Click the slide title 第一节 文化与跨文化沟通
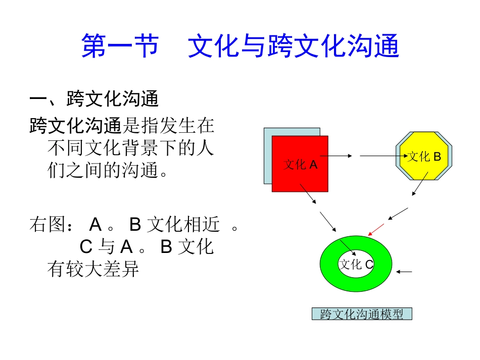[240, 46]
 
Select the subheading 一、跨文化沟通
[94, 99]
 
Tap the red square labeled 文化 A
[300, 177]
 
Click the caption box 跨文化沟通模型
[362, 314]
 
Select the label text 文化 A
[301, 165]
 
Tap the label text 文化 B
[424, 157]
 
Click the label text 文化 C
[356, 265]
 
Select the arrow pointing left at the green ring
[404, 272]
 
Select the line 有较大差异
[92, 270]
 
